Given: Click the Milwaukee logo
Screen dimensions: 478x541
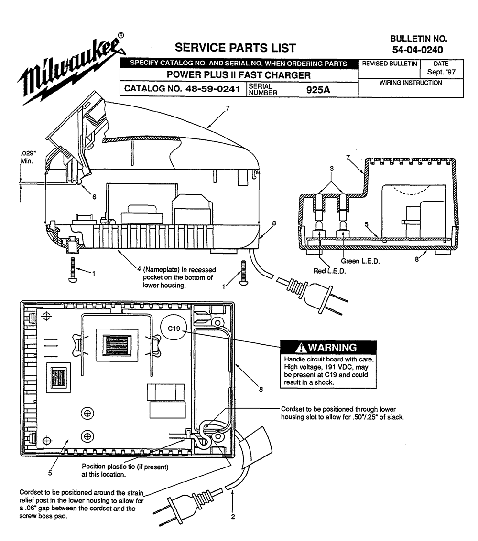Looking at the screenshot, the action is pos(71,69).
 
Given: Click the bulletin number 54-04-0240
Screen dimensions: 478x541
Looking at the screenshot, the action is pos(418,50).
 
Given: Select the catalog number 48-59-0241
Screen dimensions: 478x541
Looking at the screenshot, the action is pos(213,89).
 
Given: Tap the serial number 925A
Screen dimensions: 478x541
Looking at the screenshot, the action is pos(318,90).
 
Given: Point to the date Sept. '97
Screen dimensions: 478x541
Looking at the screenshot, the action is pos(441,72).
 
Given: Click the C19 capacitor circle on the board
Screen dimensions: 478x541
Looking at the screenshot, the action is pos(174,329).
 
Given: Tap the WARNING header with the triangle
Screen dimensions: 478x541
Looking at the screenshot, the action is pos(328,347).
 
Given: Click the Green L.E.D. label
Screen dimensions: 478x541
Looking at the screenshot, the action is pos(360,261).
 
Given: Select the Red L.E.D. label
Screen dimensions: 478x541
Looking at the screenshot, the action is pos(329,271).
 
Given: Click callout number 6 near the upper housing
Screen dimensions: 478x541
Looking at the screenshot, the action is pos(94,197).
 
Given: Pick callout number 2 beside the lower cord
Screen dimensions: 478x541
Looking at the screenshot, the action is pos(233,517).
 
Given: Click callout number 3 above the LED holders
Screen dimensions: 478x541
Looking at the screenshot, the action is pos(332,169).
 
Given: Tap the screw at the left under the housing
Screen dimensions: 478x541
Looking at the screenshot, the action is pos(73,270).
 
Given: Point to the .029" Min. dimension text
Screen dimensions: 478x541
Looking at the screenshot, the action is pos(28,157).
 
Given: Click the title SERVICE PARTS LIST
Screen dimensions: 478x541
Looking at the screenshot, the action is pos(235,48).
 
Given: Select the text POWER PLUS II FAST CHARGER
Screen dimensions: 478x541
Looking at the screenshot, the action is pos(239,75).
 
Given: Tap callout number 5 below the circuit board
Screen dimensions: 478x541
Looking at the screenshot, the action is pos(50,473).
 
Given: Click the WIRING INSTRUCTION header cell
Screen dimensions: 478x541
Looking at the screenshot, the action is pos(411,83).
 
